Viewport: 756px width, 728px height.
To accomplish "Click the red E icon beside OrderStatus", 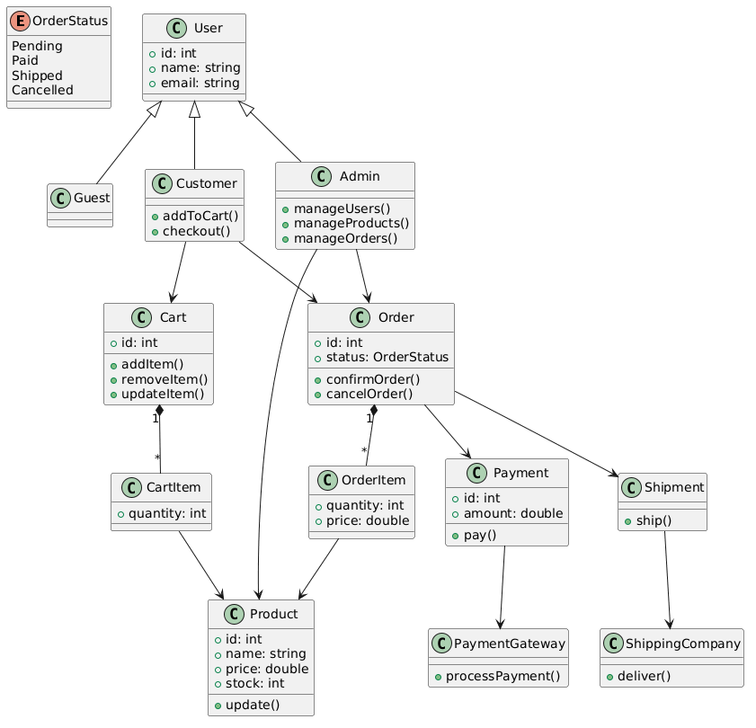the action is coord(21,22).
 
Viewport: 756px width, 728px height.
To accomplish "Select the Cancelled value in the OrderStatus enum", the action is coord(42,90).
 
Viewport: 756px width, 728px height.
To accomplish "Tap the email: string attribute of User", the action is coord(200,83).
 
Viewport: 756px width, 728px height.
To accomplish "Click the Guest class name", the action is coord(92,198).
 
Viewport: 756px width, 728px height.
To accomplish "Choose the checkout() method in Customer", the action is coord(196,231).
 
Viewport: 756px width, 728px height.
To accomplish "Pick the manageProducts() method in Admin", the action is coord(351,223).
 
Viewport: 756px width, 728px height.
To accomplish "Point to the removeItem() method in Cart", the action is coord(165,379).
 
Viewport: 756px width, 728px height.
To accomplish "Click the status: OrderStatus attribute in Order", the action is coord(387,357).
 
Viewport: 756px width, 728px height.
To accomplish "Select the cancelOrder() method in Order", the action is coord(369,394).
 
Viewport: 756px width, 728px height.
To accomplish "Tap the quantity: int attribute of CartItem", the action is coord(167,513).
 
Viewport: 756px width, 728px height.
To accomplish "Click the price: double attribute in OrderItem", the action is coord(368,520).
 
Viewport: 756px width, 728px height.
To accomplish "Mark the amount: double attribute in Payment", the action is coord(513,513).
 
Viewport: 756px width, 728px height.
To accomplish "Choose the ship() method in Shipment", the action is coord(654,520).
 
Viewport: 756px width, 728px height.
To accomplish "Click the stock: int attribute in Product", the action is coord(254,684).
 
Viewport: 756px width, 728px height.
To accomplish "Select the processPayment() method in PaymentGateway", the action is coord(503,677).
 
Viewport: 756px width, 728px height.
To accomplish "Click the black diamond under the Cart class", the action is coord(160,411).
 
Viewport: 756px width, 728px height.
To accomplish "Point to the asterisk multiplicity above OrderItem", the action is coord(364,451).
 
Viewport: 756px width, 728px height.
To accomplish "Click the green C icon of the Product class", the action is coord(235,614).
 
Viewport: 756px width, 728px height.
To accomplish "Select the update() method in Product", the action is coord(253,706).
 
